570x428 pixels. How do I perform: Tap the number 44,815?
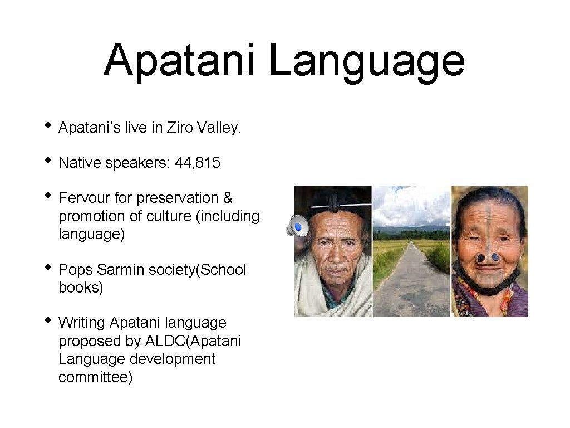click(x=198, y=163)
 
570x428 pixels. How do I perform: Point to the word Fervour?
click(x=85, y=198)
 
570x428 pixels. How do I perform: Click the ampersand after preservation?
click(x=228, y=198)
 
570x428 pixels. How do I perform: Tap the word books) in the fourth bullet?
click(x=81, y=288)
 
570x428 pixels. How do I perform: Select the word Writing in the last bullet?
click(x=82, y=323)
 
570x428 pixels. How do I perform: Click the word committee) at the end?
click(x=95, y=377)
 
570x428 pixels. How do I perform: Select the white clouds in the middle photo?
click(x=412, y=206)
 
